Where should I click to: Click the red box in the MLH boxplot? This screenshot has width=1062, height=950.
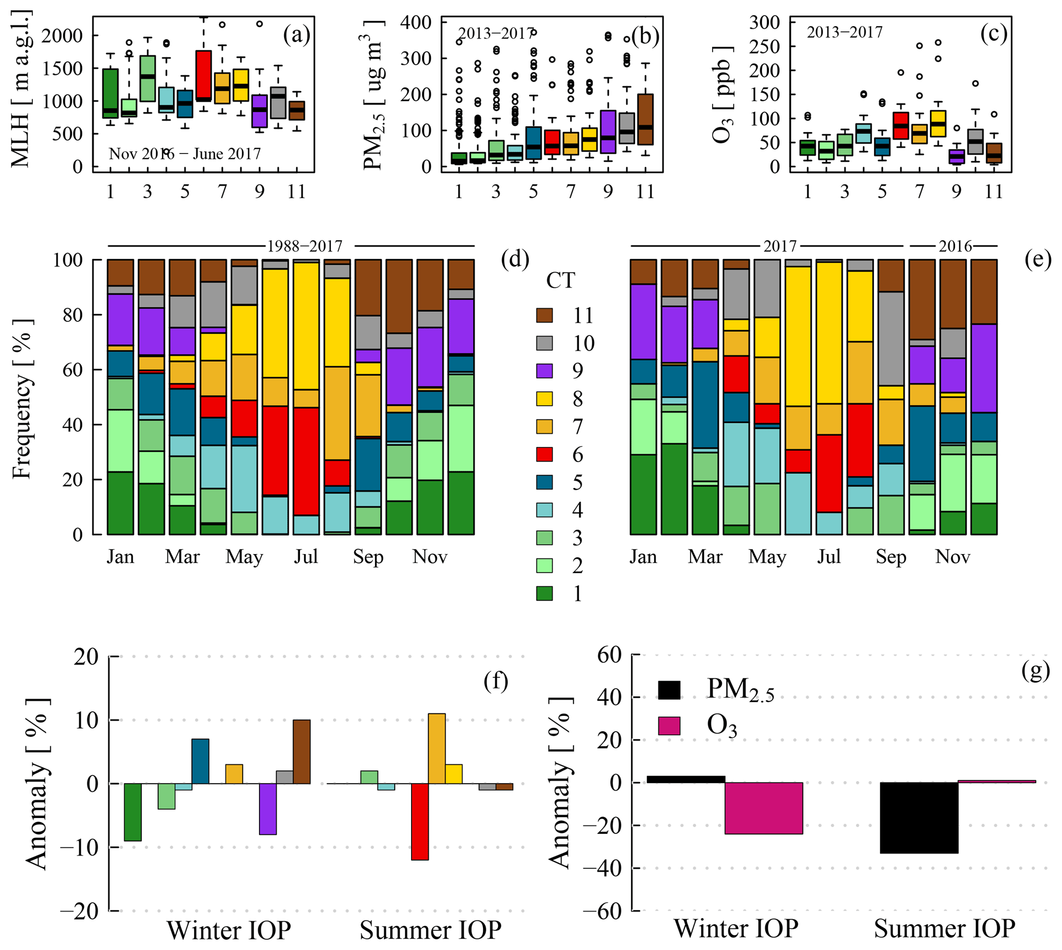(203, 75)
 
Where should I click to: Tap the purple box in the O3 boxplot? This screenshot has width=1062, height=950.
(957, 157)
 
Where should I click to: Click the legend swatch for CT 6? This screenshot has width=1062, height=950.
(545, 454)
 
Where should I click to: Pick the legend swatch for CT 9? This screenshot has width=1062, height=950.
(545, 371)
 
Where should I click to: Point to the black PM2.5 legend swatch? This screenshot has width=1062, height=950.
(669, 690)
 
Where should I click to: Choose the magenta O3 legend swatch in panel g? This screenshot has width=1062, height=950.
(669, 726)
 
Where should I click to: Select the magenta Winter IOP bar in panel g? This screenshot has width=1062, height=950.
(763, 808)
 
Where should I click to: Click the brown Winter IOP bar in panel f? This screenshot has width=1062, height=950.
(302, 752)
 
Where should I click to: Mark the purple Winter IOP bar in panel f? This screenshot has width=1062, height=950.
(268, 809)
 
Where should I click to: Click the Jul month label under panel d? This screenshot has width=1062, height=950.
(306, 557)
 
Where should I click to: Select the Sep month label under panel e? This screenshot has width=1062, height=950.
(891, 557)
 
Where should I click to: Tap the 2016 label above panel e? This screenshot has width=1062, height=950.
(955, 246)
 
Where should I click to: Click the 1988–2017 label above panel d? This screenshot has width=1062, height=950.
(305, 246)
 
